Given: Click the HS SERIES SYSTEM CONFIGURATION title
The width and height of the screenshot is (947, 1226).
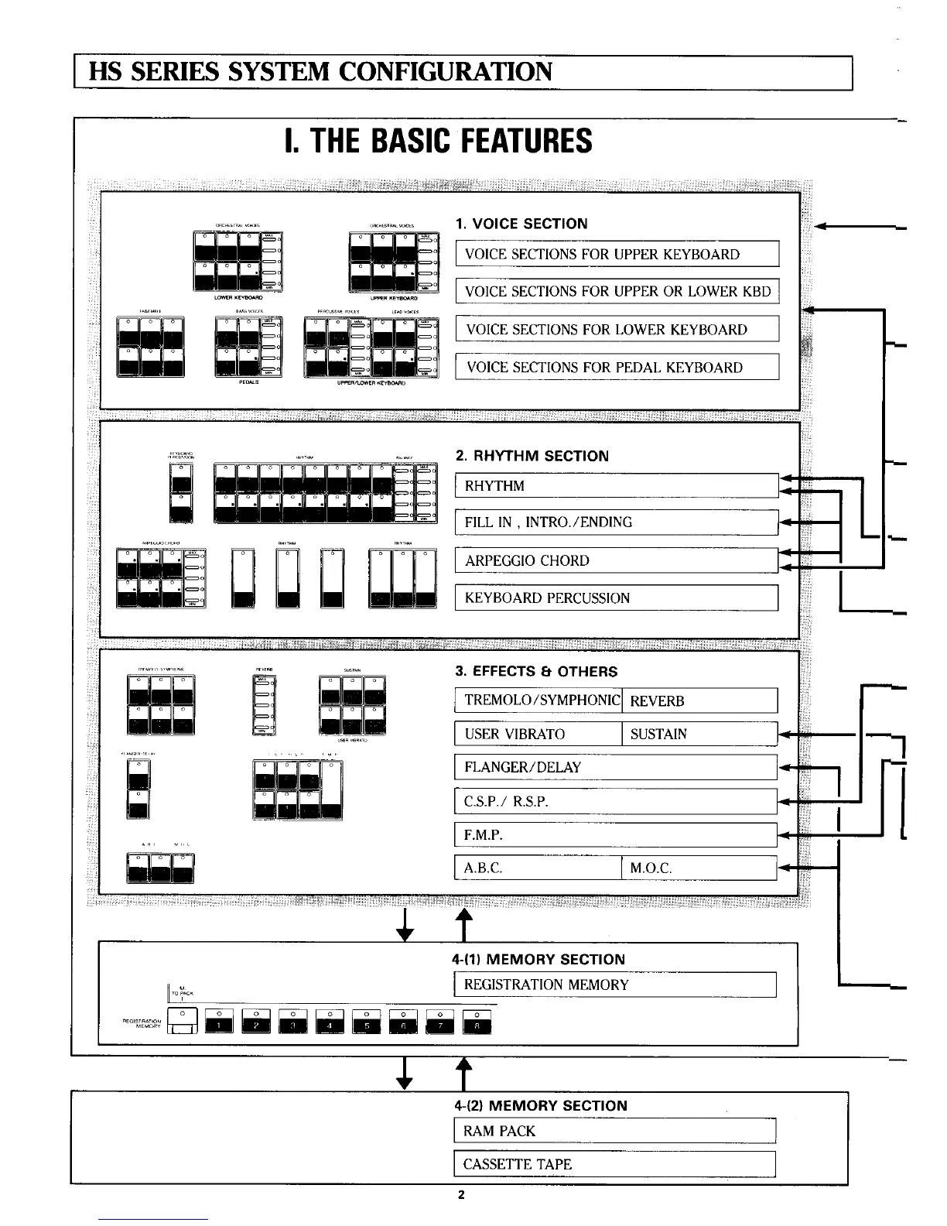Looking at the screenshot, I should coord(321,73).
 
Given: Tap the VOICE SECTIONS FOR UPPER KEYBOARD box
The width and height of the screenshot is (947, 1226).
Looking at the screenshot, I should coord(617,255).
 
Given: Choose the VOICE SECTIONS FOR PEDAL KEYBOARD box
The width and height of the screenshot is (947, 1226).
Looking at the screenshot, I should coord(617,367).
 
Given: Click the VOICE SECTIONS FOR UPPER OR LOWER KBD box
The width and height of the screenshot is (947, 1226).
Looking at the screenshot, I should coord(617,292).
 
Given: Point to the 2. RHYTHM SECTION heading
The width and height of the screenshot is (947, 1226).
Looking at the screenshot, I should coord(532,456).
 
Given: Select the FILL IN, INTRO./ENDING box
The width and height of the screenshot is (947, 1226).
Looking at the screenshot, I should coord(617,522).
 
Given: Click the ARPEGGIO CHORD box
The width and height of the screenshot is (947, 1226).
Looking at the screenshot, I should coord(617,560).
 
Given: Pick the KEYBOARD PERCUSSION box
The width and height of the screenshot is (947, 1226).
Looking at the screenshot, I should coord(617,598).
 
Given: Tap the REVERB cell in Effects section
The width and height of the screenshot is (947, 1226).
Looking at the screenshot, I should coord(699,701).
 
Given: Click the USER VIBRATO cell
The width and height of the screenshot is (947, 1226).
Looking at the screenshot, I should coord(538,734).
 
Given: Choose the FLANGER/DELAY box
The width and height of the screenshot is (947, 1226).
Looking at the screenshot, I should coord(617,767).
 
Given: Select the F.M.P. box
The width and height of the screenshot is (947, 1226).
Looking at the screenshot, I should coord(617,835).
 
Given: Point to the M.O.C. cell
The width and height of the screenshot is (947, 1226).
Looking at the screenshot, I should coord(699,868).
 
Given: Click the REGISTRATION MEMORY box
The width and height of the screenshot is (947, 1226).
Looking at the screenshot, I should coord(617,985).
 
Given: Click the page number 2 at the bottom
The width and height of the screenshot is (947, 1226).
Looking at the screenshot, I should coord(460,1195).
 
